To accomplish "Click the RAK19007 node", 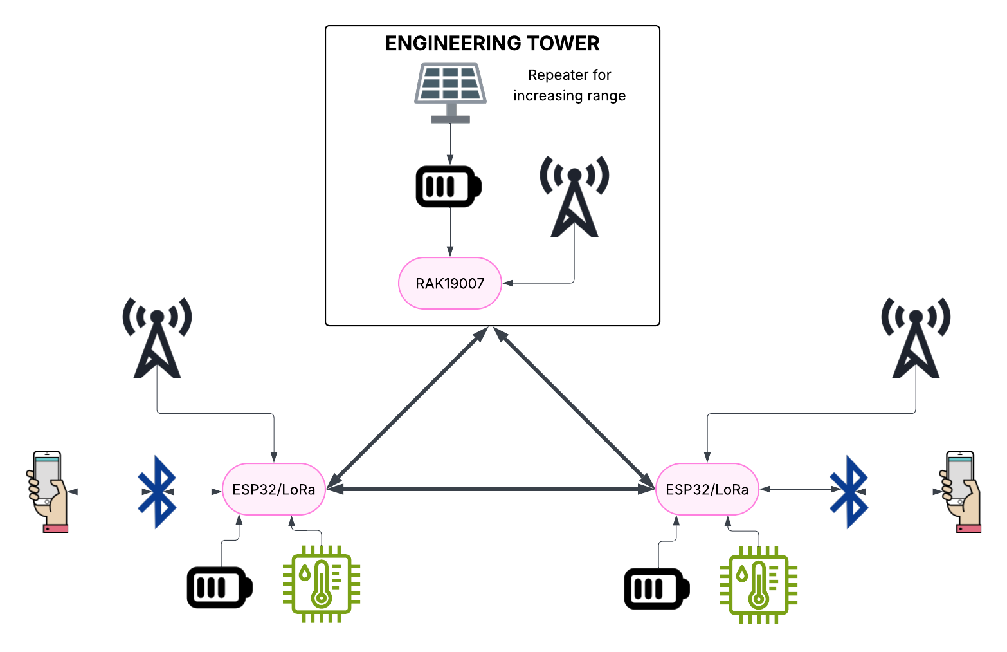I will pyautogui.click(x=449, y=283).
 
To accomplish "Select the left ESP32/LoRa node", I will pyautogui.click(x=274, y=489).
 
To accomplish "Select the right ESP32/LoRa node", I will pyautogui.click(x=707, y=489).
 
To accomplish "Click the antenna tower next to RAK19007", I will pyautogui.click(x=574, y=196).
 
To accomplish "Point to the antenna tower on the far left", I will pyautogui.click(x=157, y=338).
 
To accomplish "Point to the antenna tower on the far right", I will pyautogui.click(x=916, y=338).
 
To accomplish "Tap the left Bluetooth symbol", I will pyautogui.click(x=157, y=492).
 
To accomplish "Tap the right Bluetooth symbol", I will pyautogui.click(x=849, y=492).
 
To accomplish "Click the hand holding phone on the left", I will pyautogui.click(x=48, y=492).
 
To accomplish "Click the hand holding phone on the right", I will pyautogui.click(x=962, y=492).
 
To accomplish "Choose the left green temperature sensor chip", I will pyautogui.click(x=322, y=584).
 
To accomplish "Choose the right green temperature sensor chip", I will pyautogui.click(x=759, y=585).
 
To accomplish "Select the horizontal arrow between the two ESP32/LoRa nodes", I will pyautogui.click(x=490, y=490).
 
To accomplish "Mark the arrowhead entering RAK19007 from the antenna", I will pyautogui.click(x=507, y=283).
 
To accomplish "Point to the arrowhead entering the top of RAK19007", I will pyautogui.click(x=450, y=252).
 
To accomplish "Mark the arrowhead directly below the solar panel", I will pyautogui.click(x=450, y=160).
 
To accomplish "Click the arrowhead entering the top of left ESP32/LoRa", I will pyautogui.click(x=275, y=458).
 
